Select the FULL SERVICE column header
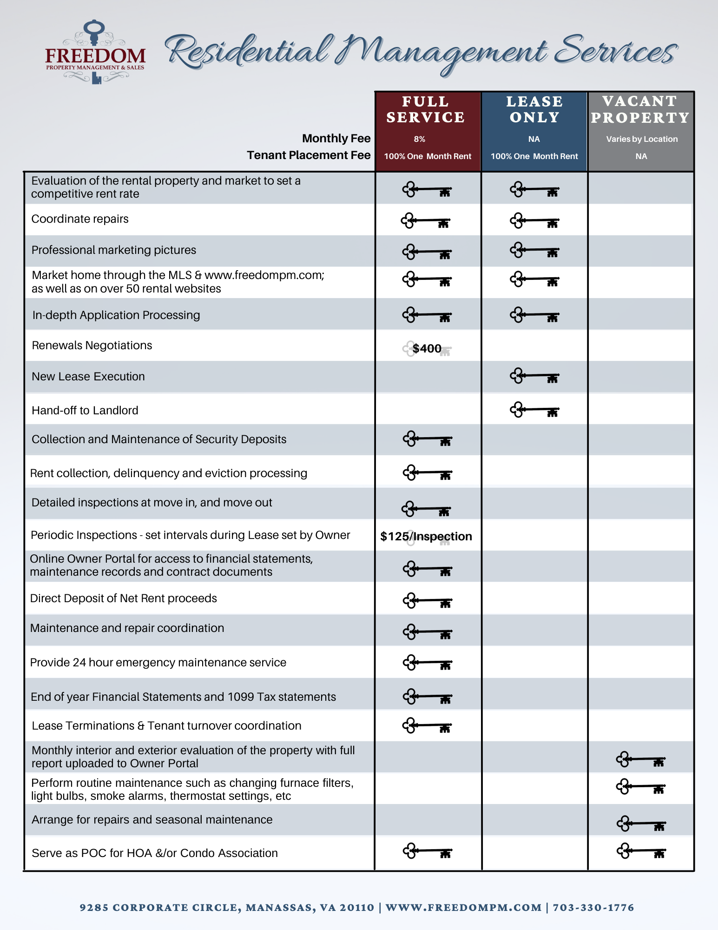[x=426, y=110]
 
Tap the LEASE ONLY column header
[x=534, y=110]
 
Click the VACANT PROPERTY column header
[x=640, y=110]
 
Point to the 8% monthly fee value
[x=419, y=139]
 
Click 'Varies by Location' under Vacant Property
[x=641, y=139]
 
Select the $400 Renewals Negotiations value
[x=427, y=348]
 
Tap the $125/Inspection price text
[x=426, y=536]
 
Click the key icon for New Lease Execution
[x=534, y=376]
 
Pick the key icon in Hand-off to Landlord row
[x=534, y=410]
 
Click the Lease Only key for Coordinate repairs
[x=534, y=220]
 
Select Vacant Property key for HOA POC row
[x=641, y=852]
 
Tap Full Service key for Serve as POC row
[x=427, y=852]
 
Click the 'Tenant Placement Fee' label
[x=309, y=155]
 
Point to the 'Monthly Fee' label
[x=336, y=139]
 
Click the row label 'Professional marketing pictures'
[x=114, y=250]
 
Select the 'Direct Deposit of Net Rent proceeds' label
[x=124, y=598]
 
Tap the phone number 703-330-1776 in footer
[x=593, y=908]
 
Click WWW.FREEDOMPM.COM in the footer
[x=463, y=908]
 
